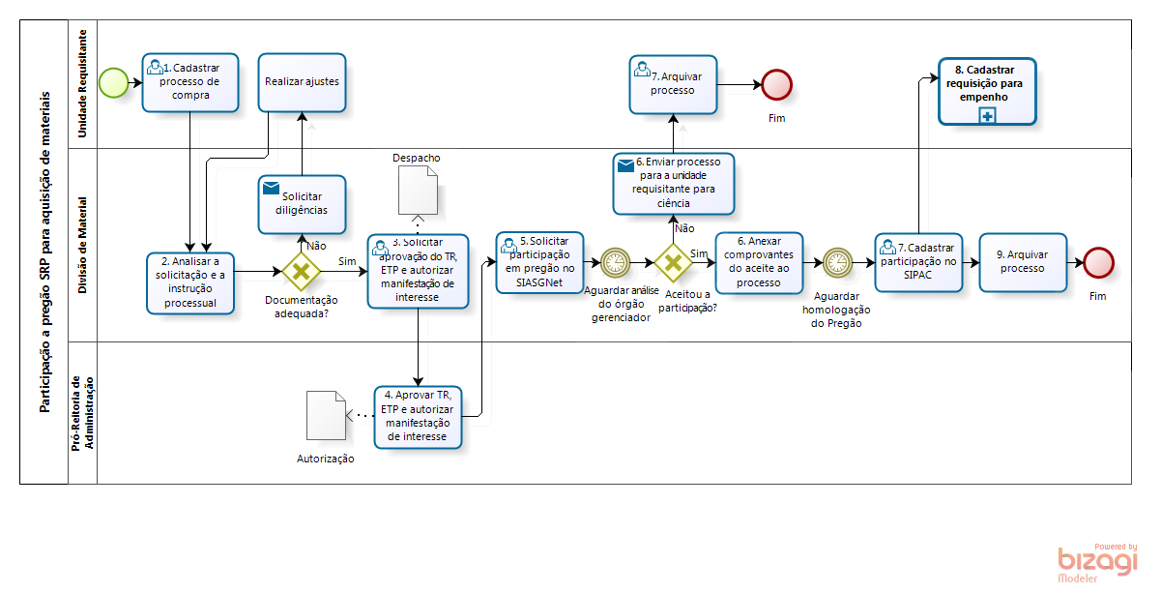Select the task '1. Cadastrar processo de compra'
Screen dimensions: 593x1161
(x=189, y=82)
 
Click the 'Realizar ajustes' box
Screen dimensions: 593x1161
(x=302, y=82)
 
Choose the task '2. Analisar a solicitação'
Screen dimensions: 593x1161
(x=191, y=282)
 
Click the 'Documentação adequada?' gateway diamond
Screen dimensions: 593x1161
(x=301, y=272)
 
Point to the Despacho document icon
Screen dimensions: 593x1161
(x=418, y=189)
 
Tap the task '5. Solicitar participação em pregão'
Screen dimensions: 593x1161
(x=539, y=262)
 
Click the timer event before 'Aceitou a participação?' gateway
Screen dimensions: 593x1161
(x=615, y=262)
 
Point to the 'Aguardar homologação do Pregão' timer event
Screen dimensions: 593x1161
(x=837, y=262)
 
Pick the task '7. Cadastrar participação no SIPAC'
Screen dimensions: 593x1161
(x=918, y=262)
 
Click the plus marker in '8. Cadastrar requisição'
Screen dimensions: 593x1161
(x=987, y=116)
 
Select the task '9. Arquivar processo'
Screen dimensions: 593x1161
(x=1022, y=262)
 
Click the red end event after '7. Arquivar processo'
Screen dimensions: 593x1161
(x=776, y=84)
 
